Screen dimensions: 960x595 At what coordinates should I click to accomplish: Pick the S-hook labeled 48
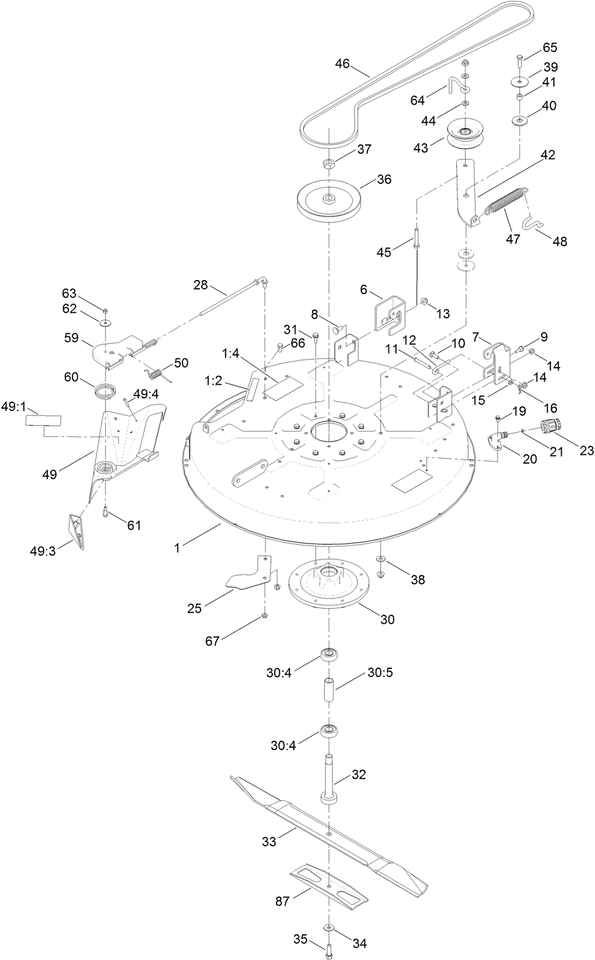coord(534,224)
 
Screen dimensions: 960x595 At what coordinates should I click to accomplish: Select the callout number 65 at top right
coord(550,47)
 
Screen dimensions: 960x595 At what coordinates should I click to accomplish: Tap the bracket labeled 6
coord(390,315)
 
